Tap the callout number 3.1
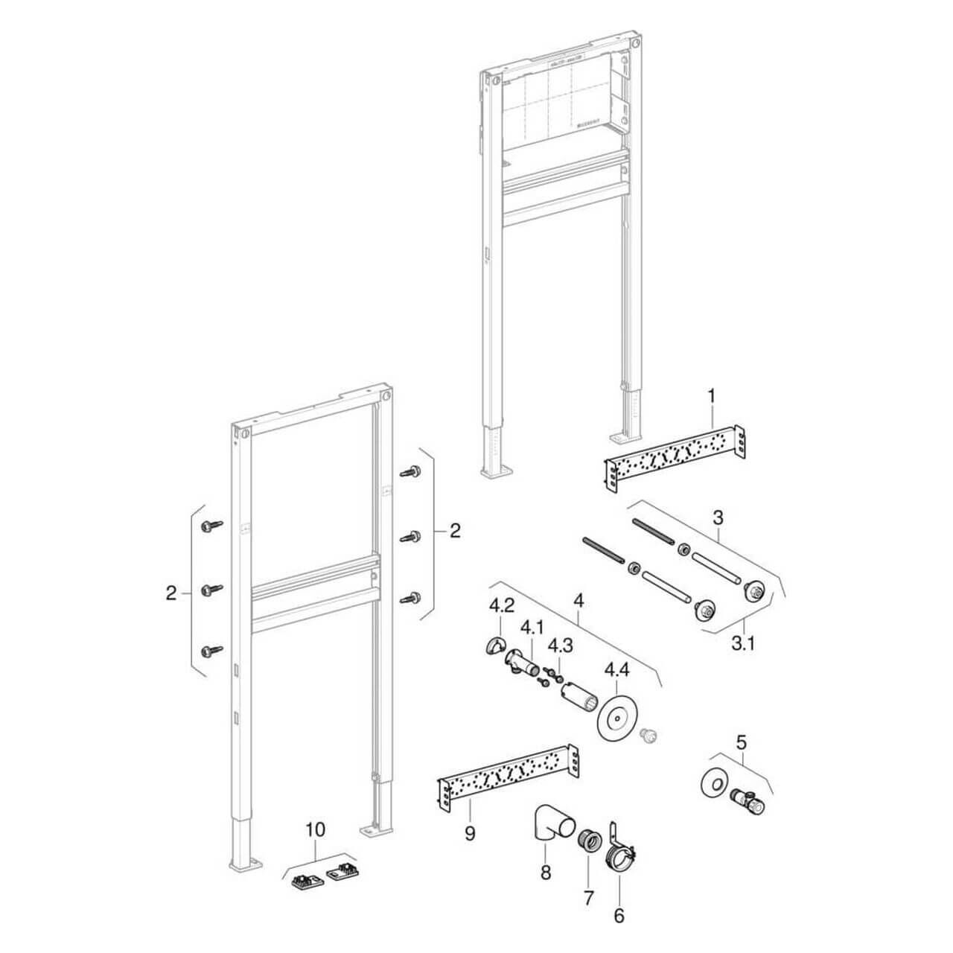[742, 643]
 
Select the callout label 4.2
[500, 605]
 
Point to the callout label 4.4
[616, 670]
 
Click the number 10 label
[316, 828]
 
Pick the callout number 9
[470, 834]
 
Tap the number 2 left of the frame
[171, 593]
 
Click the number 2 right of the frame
[454, 530]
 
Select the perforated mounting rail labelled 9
[506, 774]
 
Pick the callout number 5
[741, 742]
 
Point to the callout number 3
[718, 516]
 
